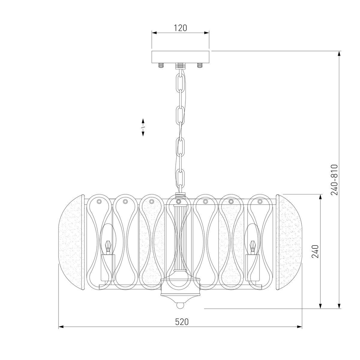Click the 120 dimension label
coord(181,28)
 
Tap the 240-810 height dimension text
coord(334,180)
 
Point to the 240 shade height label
coord(315,251)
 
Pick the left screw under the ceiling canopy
coord(161,66)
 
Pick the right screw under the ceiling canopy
coord(200,66)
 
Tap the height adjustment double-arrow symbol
coord(143,127)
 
